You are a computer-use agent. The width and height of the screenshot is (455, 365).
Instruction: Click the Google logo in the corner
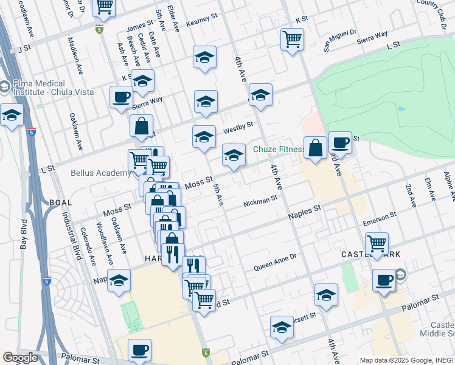[x=20, y=358]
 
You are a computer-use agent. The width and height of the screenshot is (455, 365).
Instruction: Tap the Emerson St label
[x=380, y=218]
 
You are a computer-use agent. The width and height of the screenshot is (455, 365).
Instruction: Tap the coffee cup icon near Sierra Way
[x=121, y=97]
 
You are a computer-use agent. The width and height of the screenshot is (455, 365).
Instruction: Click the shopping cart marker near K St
[x=293, y=39]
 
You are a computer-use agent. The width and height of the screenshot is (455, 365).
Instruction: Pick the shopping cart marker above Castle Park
[x=377, y=243]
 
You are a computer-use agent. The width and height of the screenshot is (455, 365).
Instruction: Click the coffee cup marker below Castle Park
[x=384, y=280]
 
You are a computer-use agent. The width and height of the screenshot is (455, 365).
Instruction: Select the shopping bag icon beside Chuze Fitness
[x=315, y=148]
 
